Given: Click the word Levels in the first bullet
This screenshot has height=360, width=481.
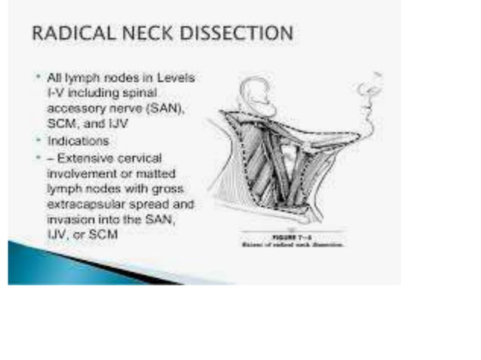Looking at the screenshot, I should click(188, 77).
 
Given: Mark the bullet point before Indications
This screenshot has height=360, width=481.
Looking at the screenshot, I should click(38, 140).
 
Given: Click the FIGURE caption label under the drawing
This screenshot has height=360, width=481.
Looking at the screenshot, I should click(293, 237).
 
